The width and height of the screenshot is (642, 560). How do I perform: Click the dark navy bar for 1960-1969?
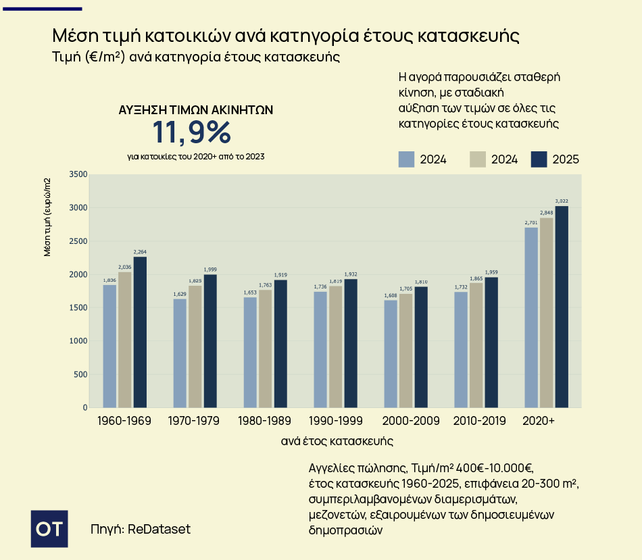click(x=140, y=332)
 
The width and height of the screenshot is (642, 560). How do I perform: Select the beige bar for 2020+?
click(x=546, y=312)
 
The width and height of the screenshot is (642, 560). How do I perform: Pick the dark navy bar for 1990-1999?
click(x=351, y=343)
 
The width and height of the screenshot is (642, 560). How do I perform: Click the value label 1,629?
click(x=180, y=295)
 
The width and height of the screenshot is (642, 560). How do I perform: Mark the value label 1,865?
click(x=476, y=278)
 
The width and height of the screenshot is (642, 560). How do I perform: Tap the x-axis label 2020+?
click(x=539, y=421)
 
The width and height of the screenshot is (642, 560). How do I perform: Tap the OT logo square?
click(x=50, y=528)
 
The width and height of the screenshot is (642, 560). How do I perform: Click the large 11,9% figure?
click(x=192, y=133)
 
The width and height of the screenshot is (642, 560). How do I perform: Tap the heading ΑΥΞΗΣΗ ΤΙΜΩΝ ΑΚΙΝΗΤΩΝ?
click(x=196, y=110)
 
